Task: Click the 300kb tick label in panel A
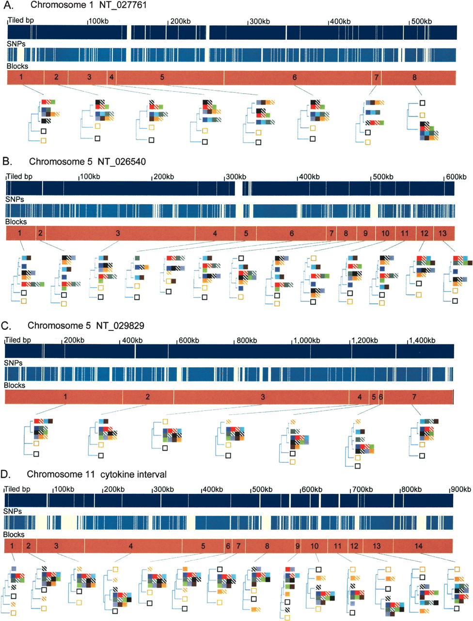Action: click(x=260, y=21)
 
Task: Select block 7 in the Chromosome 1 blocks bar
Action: click(x=376, y=78)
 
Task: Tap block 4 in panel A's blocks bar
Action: click(x=111, y=78)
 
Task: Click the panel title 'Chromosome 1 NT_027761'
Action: click(x=88, y=5)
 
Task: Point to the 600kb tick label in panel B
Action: click(x=456, y=177)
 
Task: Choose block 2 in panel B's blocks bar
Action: click(x=40, y=233)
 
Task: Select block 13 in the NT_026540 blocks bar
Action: click(x=443, y=233)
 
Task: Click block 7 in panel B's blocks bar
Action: click(x=331, y=233)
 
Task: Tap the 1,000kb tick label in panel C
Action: click(x=307, y=341)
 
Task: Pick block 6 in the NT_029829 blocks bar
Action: click(x=380, y=397)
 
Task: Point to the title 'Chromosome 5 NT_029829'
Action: click(x=86, y=326)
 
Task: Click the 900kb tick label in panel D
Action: click(x=461, y=490)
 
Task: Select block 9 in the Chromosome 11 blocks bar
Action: click(x=297, y=546)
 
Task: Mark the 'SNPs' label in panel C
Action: click(x=13, y=363)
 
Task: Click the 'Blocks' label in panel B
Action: click(x=16, y=222)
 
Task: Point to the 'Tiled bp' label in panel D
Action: click(x=17, y=489)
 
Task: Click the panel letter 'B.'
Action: click(x=7, y=161)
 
